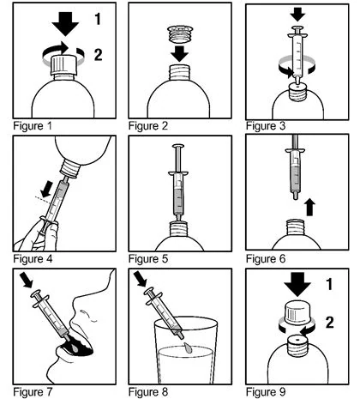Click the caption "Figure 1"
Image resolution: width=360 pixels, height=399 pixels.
33,126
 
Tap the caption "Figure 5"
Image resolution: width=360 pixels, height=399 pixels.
148,259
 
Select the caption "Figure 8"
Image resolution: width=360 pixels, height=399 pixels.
148,391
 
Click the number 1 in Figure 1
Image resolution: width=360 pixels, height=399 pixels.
98,19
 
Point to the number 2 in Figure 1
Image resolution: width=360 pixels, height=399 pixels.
98,54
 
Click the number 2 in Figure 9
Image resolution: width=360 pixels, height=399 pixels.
330,322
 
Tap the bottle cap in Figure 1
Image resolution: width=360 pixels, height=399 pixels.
63,65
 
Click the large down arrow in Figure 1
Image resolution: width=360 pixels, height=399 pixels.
65,24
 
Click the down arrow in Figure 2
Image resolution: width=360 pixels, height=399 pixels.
180,53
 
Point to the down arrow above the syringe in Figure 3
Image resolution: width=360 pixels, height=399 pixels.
297,15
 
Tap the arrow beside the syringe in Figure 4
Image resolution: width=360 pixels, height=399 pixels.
46,189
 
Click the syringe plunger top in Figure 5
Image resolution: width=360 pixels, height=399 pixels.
178,146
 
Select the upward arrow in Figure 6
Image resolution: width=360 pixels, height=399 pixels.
309,208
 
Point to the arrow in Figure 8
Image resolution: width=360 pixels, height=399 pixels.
141,279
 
